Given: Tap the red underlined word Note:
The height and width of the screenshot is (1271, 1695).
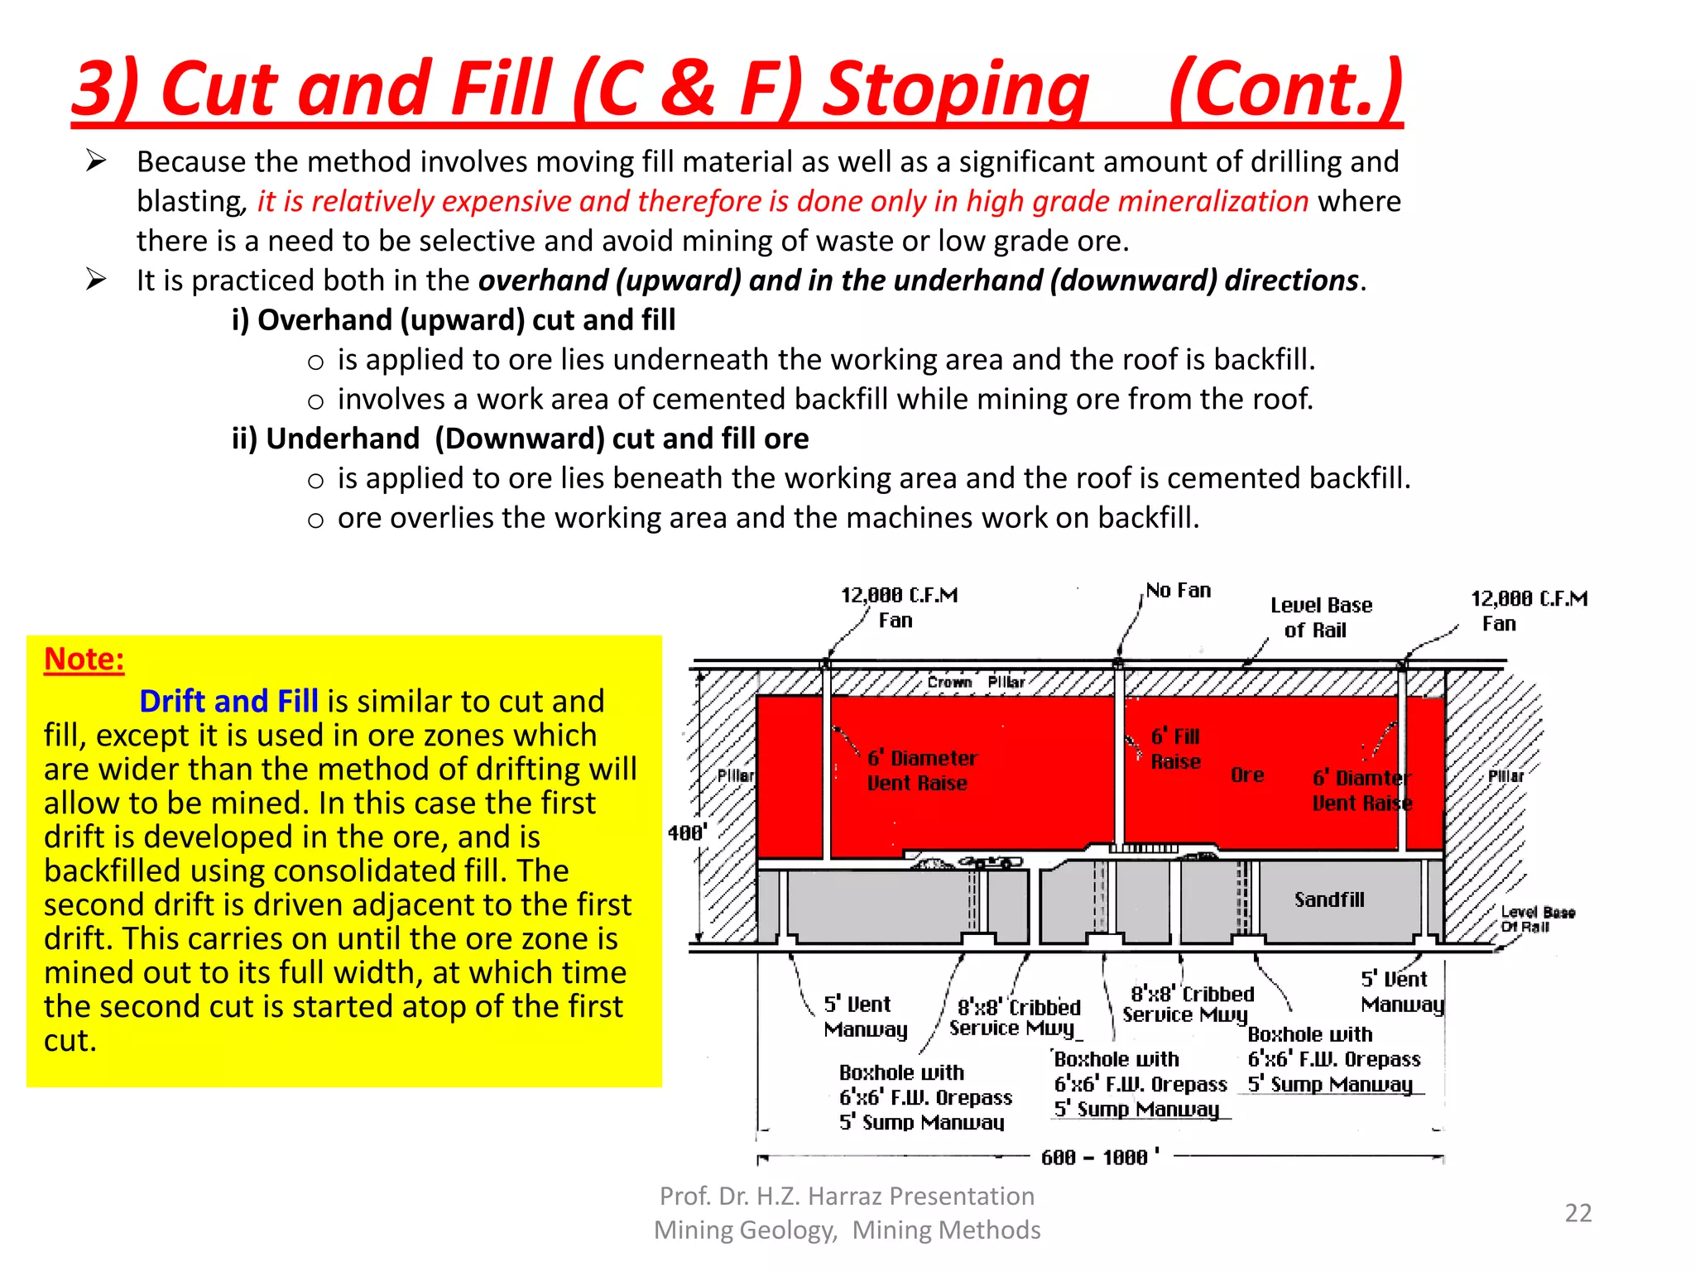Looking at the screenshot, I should pos(84,659).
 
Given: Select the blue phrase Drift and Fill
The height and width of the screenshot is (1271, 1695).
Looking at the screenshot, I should pos(228,701).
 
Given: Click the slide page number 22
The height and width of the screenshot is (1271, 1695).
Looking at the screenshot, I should pos(1577,1212).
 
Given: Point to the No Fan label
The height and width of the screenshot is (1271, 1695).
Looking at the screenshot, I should pos(1178,591).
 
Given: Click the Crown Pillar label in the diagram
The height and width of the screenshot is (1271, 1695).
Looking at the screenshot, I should pos(976,682).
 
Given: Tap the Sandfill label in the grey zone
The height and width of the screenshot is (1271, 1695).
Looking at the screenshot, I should pos(1328,899).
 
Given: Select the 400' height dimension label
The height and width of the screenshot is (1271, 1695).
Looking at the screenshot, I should pos(686,832).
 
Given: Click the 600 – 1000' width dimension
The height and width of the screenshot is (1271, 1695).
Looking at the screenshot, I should pos(1100,1157).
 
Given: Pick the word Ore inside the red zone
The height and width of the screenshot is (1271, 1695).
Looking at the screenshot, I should pos(1246,775).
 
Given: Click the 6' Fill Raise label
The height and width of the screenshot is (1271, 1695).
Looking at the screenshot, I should pos(1175,749).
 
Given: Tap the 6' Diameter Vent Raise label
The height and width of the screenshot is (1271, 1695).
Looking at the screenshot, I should pos(921,770).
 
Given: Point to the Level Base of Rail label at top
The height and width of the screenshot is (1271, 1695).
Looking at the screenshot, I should pos(1320,617).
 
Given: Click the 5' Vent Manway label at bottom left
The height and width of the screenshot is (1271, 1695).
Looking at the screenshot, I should pos(864,1016).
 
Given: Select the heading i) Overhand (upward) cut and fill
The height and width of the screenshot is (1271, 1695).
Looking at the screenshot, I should pos(454,320).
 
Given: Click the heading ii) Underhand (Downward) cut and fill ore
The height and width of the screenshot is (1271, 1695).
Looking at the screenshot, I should pos(520,439).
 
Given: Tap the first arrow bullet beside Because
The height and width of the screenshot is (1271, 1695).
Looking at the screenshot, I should pos(96,161).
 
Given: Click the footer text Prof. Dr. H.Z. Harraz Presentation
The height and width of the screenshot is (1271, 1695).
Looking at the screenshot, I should pos(847,1196).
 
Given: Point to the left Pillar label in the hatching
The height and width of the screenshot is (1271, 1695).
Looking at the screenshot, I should pos(735,775).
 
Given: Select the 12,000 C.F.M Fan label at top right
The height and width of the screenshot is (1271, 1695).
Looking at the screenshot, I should pos(1528,611).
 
